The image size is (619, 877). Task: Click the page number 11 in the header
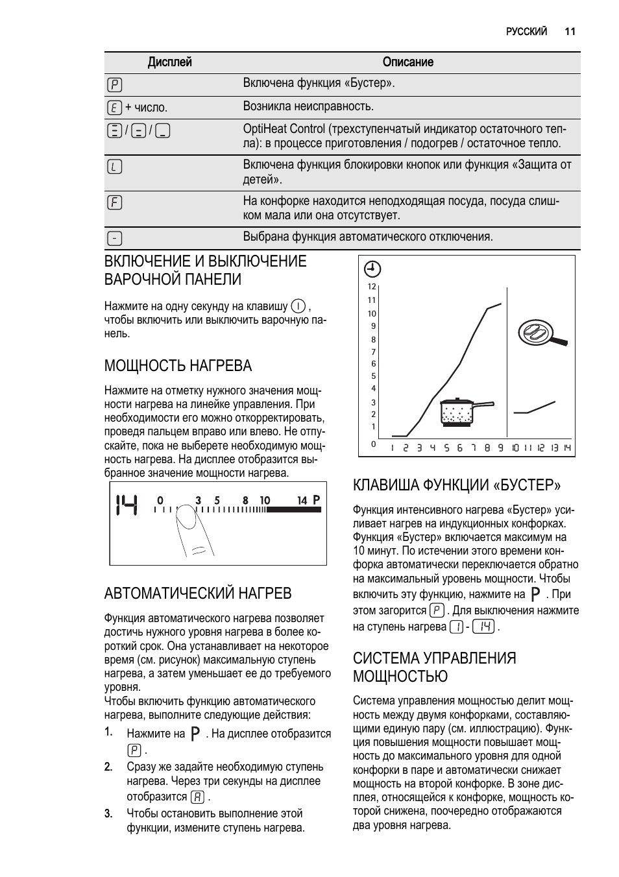click(570, 31)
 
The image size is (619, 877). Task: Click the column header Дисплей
click(169, 62)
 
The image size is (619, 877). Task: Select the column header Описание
click(407, 62)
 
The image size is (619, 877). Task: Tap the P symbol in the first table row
click(114, 84)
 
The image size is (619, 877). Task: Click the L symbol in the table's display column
click(114, 167)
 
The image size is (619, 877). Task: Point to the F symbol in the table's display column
click(114, 202)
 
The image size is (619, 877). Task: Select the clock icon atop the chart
click(372, 269)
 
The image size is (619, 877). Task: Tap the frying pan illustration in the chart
click(542, 333)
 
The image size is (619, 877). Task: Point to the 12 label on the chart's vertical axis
click(372, 287)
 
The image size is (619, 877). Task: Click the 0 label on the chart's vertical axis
click(373, 444)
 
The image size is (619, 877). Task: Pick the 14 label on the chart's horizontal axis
click(567, 448)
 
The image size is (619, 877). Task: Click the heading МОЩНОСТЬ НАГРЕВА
click(178, 366)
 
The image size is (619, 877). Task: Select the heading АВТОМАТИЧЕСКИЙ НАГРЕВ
click(198, 594)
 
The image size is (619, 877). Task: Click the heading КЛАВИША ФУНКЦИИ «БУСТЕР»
click(457, 485)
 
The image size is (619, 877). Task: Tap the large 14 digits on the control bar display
click(127, 505)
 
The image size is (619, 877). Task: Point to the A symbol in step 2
click(198, 797)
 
